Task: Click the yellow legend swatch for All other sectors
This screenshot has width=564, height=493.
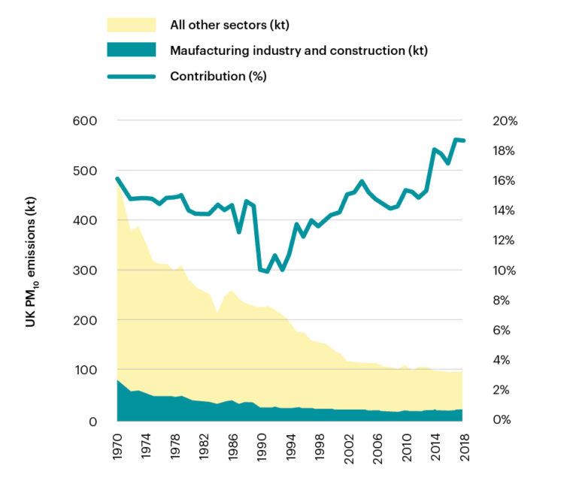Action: click(131, 25)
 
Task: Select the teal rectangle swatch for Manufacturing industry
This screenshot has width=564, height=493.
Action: click(131, 50)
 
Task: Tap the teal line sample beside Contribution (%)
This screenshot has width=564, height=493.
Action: click(131, 76)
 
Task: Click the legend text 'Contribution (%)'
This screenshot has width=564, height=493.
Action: click(218, 76)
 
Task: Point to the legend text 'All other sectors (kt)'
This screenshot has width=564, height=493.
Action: click(230, 26)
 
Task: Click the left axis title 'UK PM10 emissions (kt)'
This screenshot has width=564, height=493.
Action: click(31, 270)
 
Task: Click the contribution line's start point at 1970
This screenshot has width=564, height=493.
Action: click(118, 179)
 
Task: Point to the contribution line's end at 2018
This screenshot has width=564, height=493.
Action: click(464, 141)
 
